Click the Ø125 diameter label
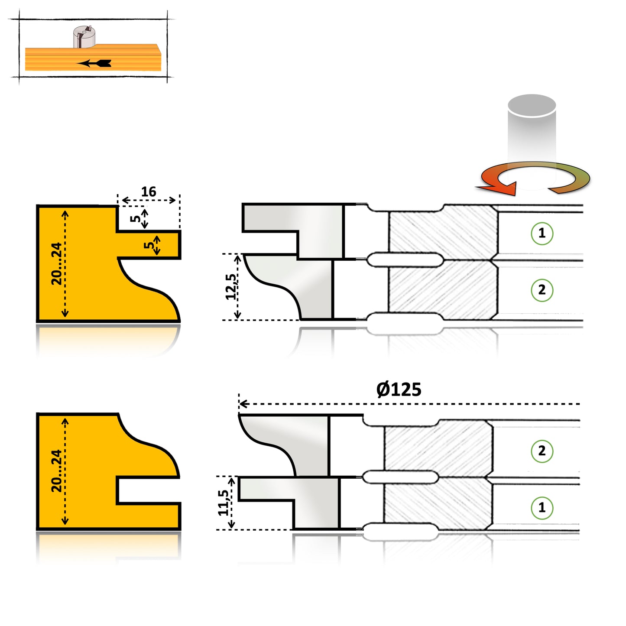[x=399, y=389]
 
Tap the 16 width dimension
[x=149, y=191]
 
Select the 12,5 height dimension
[x=231, y=287]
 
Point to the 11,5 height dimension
[x=224, y=503]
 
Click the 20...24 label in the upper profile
[x=57, y=263]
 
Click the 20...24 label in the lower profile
[x=57, y=471]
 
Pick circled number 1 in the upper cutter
[x=542, y=233]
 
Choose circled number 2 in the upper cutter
[x=542, y=290]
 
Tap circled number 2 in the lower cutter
[x=542, y=451]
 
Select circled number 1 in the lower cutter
[x=542, y=507]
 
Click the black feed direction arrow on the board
[x=95, y=63]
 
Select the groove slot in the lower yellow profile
[x=147, y=490]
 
